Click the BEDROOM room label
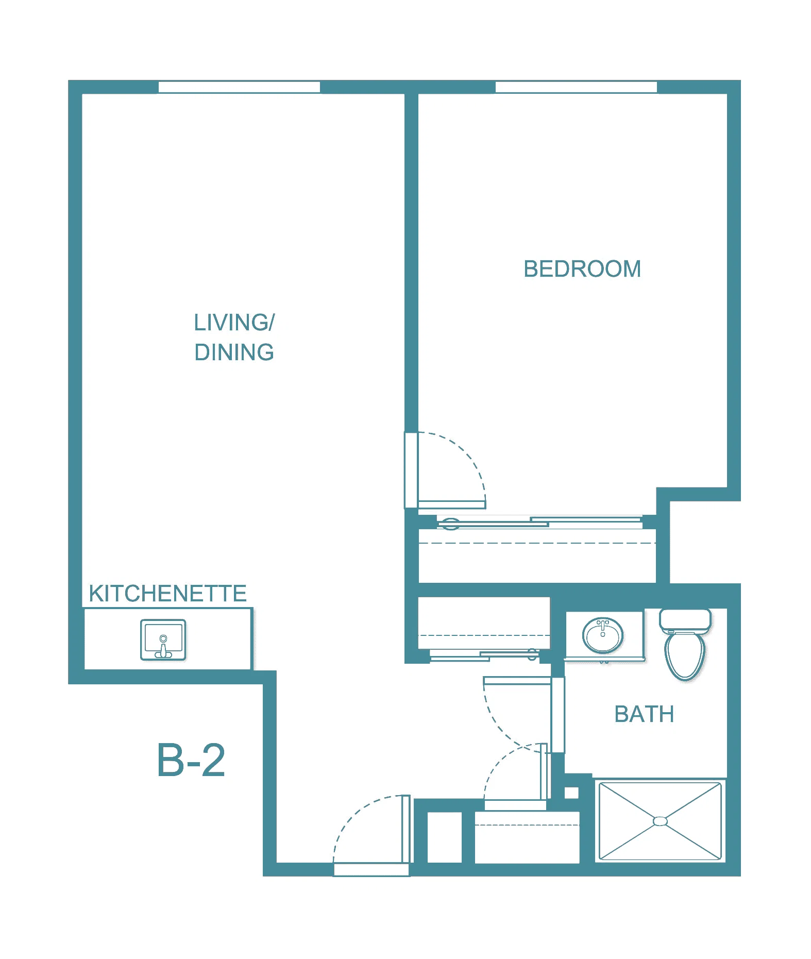pos(582,269)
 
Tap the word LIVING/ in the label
pos(234,323)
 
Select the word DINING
pos(234,352)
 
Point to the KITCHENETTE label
pos(167,594)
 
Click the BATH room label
pos(644,714)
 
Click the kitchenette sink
pos(163,640)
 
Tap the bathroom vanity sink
pos(603,635)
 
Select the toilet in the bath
pos(685,644)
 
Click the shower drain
pos(660,821)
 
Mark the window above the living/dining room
pos(239,87)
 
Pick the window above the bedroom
pos(576,87)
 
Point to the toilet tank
pos(685,620)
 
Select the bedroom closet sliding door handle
pos(450,525)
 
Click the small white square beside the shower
pos(571,793)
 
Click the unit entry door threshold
pos(371,870)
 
